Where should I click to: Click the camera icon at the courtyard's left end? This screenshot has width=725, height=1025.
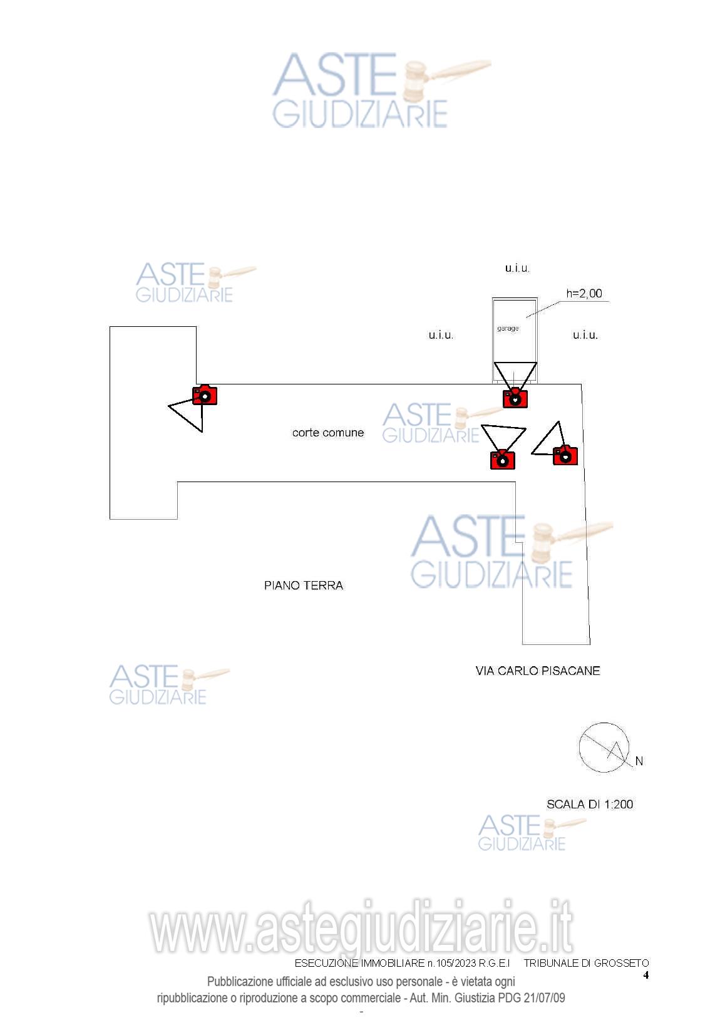coord(205,395)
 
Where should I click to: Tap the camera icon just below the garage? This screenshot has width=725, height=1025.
coord(515,398)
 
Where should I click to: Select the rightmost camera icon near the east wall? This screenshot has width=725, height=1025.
coord(565,455)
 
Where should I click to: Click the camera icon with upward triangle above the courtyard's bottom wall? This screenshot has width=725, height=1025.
coord(502,459)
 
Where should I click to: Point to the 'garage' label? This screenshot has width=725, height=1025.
coord(508,328)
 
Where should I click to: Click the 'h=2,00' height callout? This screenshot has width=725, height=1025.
coord(584,293)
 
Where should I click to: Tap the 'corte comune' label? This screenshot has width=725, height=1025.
coord(328,433)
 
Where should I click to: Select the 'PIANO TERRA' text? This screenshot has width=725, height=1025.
coord(304,585)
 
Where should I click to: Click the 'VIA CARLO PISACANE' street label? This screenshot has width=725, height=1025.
coord(538,671)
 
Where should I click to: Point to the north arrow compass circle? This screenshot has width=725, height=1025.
coord(603,747)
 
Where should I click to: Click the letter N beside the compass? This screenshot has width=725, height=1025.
coord(639,761)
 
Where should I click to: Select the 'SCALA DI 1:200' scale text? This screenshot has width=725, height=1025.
coord(590,804)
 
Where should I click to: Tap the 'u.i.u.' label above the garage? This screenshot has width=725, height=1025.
coord(517,268)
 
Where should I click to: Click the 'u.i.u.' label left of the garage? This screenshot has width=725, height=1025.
coord(441,335)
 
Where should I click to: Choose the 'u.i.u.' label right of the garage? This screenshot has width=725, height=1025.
coord(585,335)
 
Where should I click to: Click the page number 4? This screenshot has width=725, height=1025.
coord(646,975)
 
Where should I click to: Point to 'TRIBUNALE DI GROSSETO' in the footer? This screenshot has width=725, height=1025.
coord(586,963)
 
